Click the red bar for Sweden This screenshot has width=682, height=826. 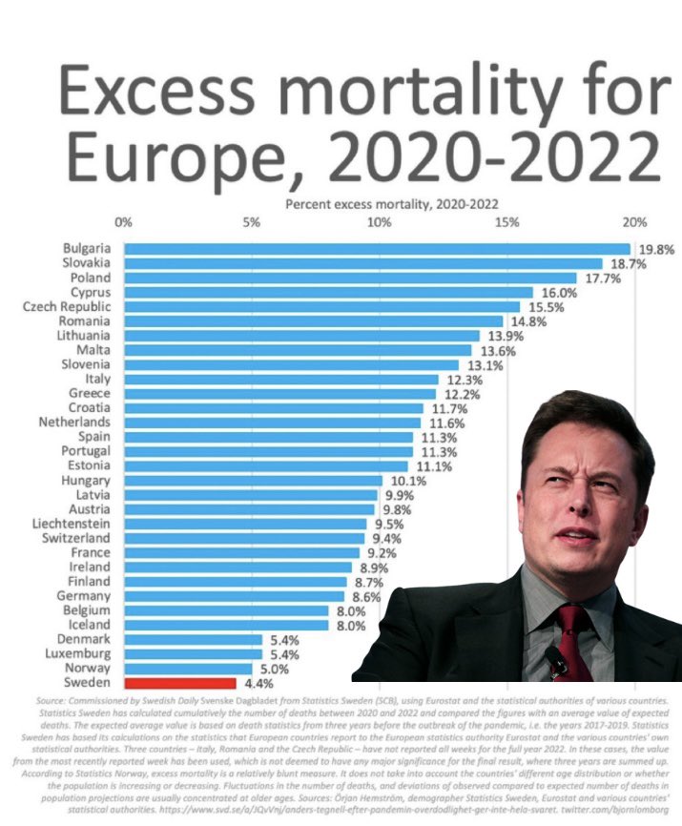(179, 683)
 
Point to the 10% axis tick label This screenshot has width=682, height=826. (379, 222)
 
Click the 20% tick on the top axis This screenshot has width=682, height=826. (634, 222)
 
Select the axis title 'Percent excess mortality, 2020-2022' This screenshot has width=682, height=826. (392, 204)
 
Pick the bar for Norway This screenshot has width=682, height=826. (188, 669)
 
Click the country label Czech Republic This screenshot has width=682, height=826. (67, 307)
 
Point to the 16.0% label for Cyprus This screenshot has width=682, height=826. (560, 293)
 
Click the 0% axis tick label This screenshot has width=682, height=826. (123, 222)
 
